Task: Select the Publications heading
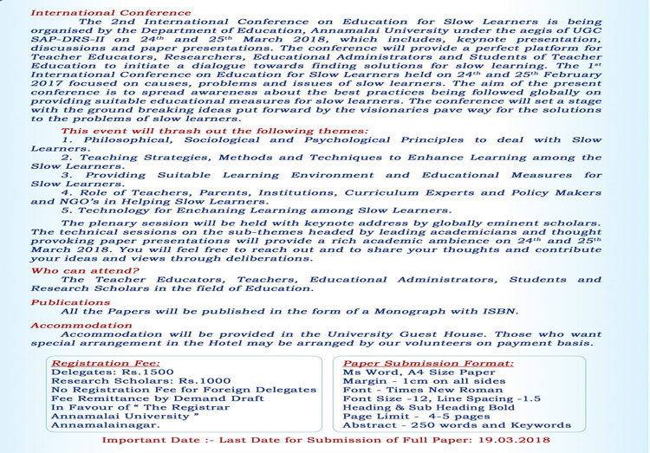70,302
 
